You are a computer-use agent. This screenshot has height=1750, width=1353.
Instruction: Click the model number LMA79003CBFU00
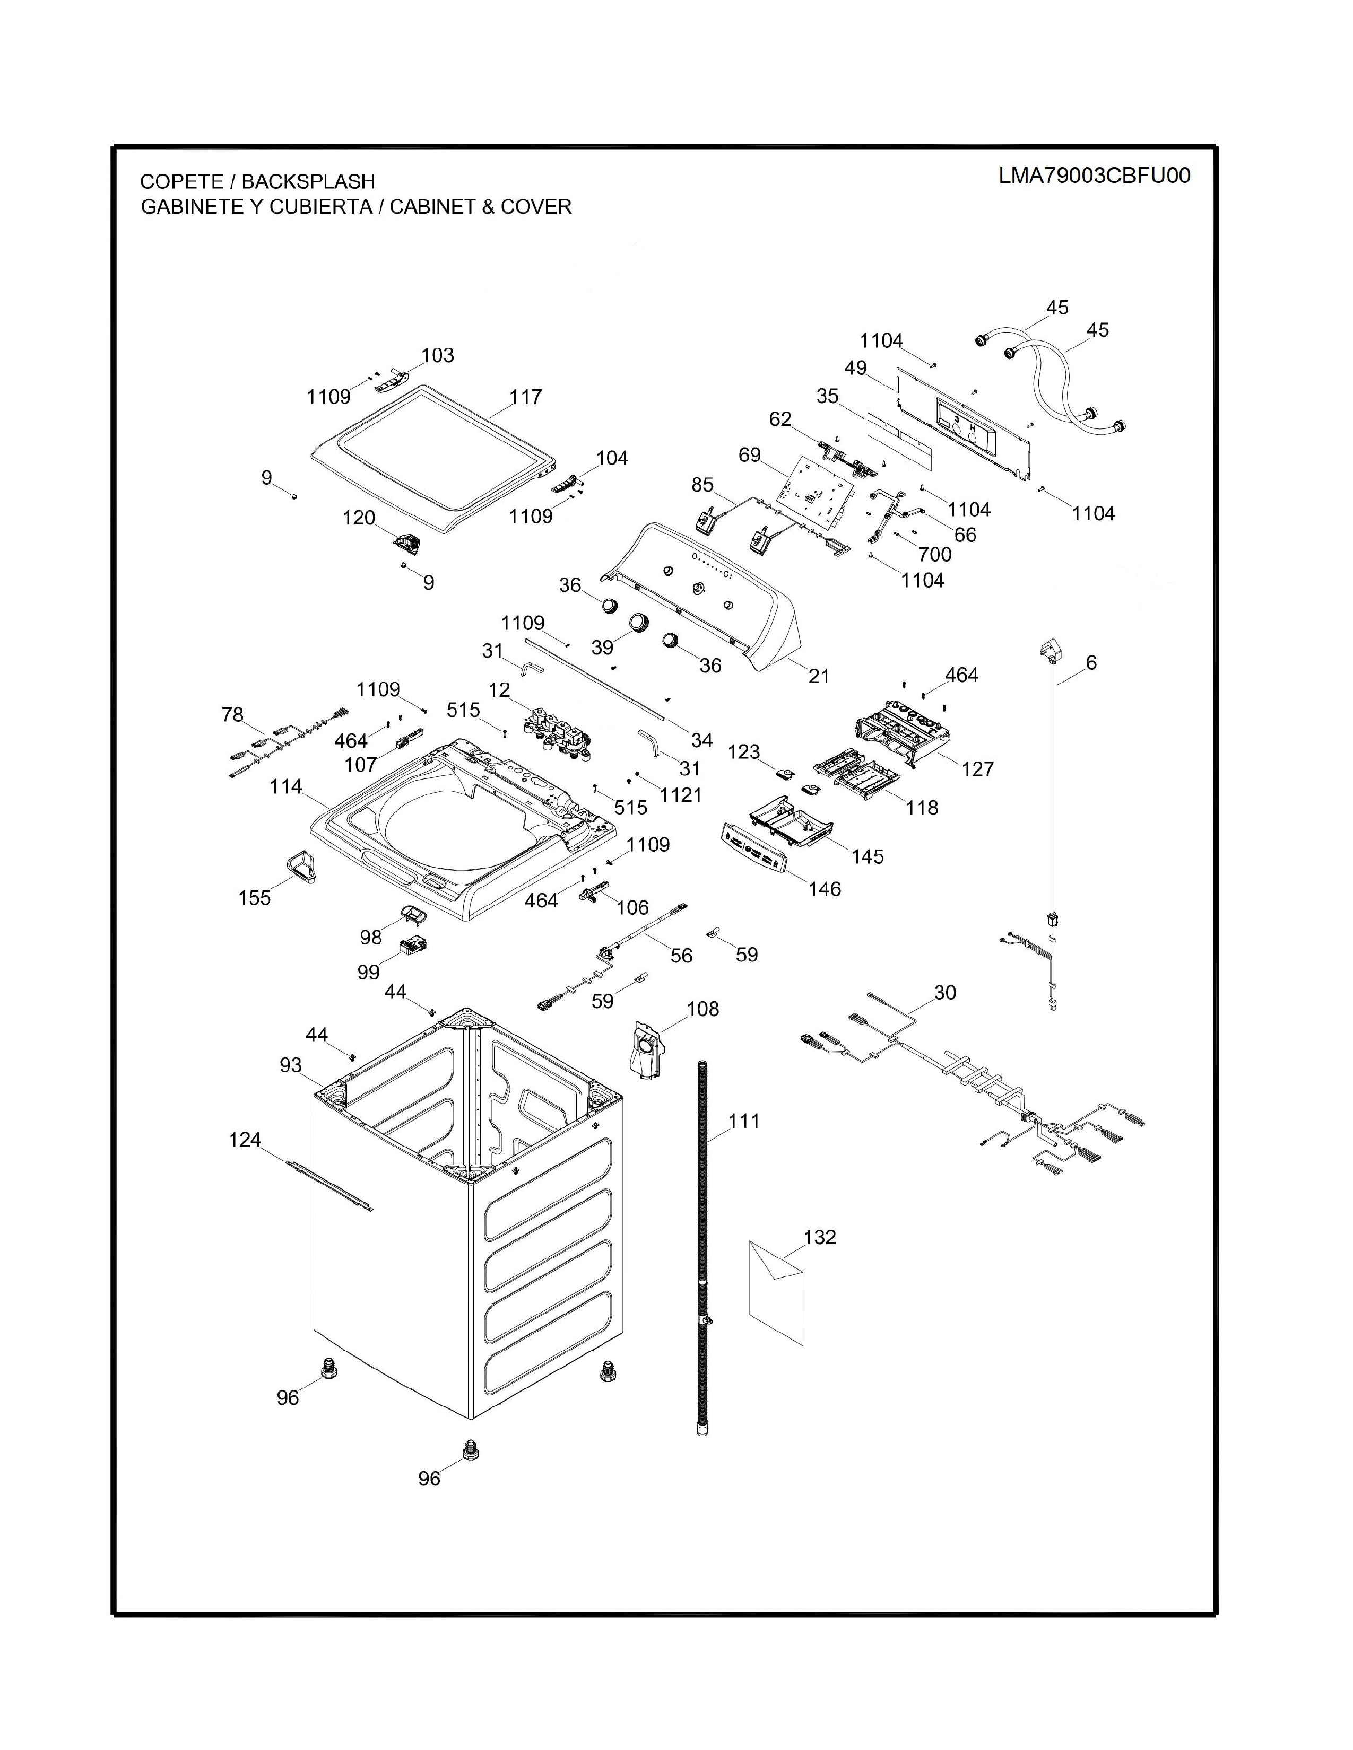(x=1094, y=176)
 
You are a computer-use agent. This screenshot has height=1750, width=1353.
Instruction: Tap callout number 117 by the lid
(x=526, y=397)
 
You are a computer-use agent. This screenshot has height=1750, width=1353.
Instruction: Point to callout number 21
(x=818, y=676)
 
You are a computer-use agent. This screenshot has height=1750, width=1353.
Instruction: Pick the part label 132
(x=819, y=1237)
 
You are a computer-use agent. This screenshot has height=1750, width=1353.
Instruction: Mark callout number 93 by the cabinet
(x=290, y=1065)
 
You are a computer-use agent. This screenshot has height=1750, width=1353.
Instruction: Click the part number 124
(x=245, y=1140)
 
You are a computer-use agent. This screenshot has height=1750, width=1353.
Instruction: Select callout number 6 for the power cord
(x=1091, y=663)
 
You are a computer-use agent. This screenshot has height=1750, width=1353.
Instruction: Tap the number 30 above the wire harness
(x=945, y=993)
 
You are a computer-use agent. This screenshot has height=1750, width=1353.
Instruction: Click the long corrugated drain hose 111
(x=703, y=1250)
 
